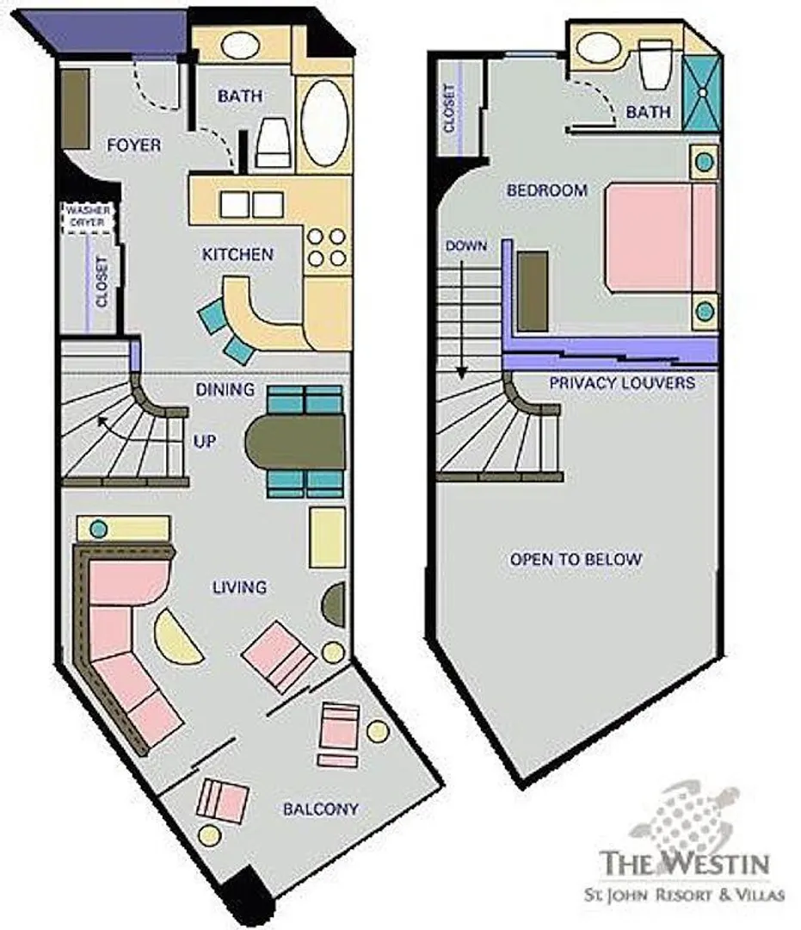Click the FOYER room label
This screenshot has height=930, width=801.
(x=133, y=145)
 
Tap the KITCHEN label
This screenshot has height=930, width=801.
(x=237, y=254)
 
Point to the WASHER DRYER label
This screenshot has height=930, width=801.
(x=88, y=216)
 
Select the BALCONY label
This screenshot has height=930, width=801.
(x=321, y=809)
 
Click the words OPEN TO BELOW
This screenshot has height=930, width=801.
(x=576, y=560)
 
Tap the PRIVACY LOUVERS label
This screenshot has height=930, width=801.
(x=622, y=382)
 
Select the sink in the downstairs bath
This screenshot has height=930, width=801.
(x=240, y=45)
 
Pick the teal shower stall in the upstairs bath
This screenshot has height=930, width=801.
(x=702, y=93)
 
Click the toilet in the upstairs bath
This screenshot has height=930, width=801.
(x=656, y=64)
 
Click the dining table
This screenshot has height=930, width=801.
(x=295, y=441)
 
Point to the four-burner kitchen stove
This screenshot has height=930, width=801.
(x=326, y=247)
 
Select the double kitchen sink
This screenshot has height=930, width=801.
(x=251, y=205)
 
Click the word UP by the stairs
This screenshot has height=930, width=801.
(x=205, y=441)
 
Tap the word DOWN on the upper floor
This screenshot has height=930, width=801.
(x=466, y=245)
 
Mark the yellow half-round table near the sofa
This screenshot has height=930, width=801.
(x=175, y=637)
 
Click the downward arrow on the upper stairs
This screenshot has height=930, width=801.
(x=461, y=320)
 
